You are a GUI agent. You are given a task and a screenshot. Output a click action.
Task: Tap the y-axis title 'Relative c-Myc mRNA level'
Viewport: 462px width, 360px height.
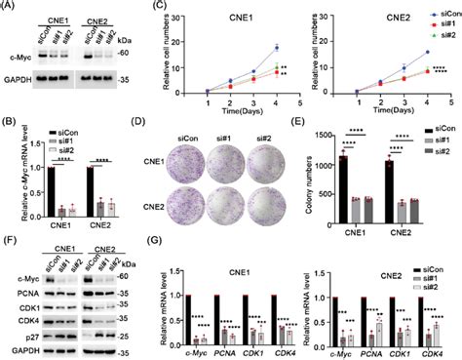coord(9,171)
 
